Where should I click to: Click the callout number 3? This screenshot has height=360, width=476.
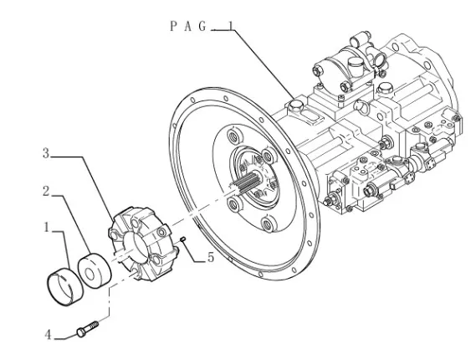46,153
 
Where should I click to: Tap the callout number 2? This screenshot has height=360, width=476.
46,192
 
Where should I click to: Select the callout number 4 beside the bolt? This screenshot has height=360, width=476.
48,335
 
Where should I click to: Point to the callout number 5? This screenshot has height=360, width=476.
211,257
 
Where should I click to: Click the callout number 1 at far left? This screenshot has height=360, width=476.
47,227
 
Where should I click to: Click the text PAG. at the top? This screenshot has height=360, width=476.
189,27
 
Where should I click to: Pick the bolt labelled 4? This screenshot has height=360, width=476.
88,328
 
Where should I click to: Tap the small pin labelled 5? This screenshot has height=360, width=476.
182,239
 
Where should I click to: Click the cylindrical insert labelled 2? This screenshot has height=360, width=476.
95,270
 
